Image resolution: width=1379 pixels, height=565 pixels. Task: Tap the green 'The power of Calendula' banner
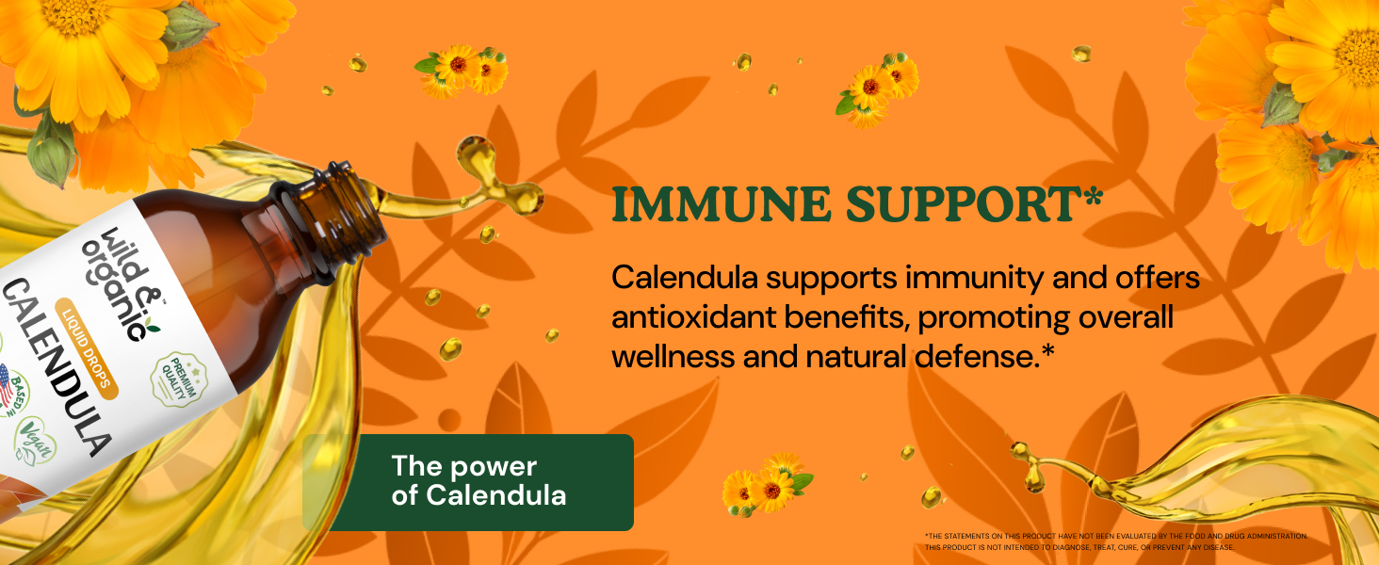point(468,481)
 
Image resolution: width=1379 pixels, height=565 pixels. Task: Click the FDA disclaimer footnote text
point(1115,541)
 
